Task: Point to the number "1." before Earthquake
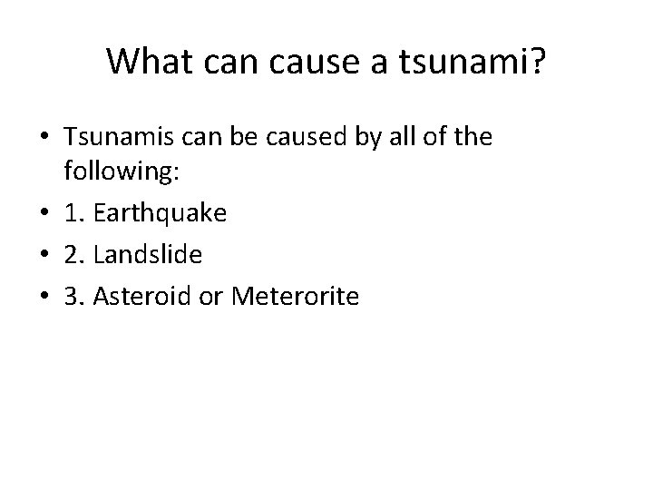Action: click(x=75, y=215)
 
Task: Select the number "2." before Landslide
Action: click(x=75, y=254)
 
